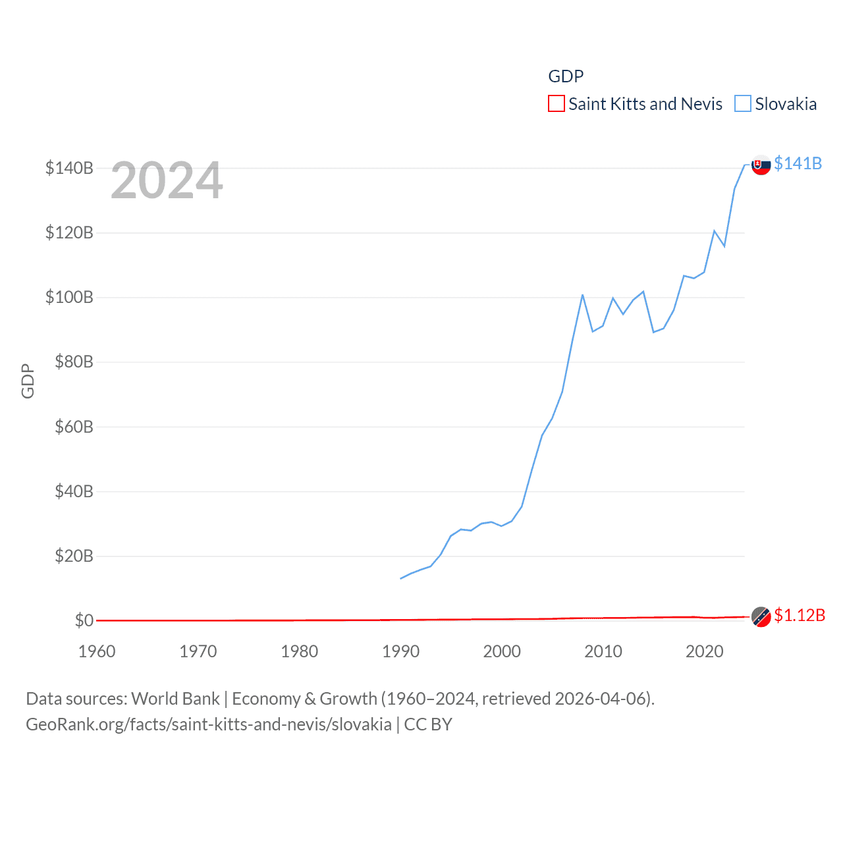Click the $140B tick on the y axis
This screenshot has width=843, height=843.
coord(69,168)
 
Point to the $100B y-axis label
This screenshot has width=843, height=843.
coord(69,297)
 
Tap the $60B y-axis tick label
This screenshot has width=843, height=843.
coord(74,427)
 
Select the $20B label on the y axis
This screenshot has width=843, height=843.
coord(74,556)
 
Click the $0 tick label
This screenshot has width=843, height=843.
coord(84,620)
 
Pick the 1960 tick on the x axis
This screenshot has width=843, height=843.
coord(97,651)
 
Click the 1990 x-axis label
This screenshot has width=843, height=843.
coord(400,651)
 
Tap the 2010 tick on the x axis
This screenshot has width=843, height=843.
coord(603,651)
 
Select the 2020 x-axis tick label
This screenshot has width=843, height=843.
coord(705,651)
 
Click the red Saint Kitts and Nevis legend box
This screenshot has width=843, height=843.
coord(557,104)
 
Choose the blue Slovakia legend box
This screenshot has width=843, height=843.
coord(743,104)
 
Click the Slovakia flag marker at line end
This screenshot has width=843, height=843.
coord(761,165)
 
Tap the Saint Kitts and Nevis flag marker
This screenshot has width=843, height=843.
coord(761,617)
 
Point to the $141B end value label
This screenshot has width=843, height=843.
coord(798,163)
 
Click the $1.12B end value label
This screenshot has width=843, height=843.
coord(800,615)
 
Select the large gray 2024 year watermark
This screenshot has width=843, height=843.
coord(167,180)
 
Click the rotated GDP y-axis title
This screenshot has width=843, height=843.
coord(28,381)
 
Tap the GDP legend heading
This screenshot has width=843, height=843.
coord(566,76)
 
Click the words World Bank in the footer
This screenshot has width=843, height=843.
coord(175,698)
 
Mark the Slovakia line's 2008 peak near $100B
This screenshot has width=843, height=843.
coord(582,295)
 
